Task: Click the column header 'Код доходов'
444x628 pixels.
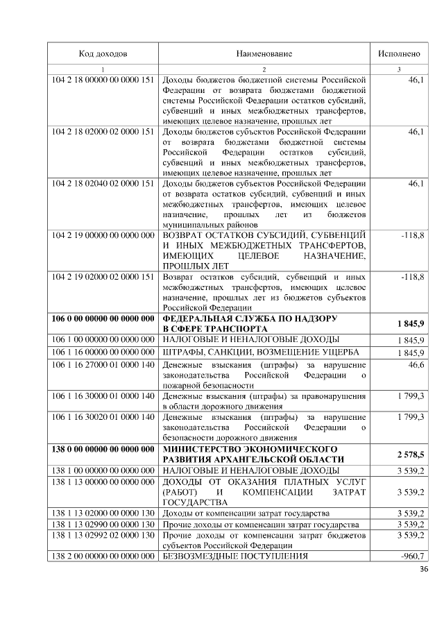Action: [x=103, y=53]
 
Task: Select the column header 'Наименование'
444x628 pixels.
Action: [x=264, y=53]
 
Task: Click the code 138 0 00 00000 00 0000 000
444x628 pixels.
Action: [x=103, y=449]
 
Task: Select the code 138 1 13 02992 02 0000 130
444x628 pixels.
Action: [x=103, y=536]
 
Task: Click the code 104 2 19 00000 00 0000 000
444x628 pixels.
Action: [x=103, y=236]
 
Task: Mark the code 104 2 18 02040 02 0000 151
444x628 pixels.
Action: [x=103, y=184]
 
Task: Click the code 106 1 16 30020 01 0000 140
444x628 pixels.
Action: [x=103, y=416]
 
